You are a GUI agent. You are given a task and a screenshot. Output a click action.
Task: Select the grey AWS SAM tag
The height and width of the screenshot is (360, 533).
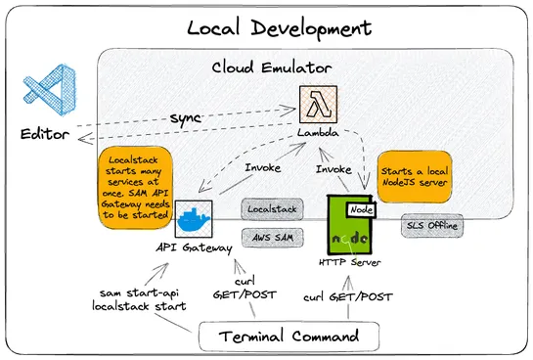click(271, 237)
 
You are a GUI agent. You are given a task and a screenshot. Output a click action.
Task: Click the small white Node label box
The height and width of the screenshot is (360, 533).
click(361, 208)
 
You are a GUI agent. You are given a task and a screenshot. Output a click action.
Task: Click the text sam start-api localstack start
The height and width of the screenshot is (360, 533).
click(140, 299)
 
